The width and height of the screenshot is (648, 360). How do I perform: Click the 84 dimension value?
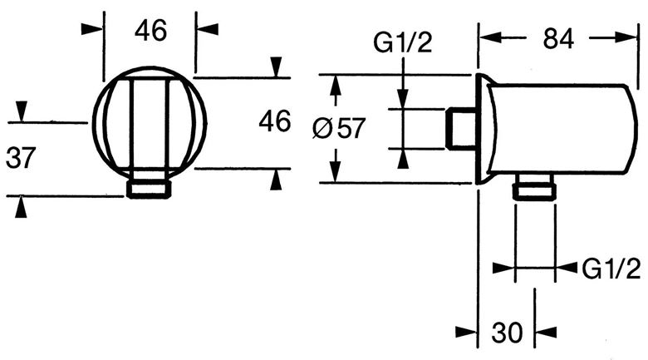(x=558, y=39)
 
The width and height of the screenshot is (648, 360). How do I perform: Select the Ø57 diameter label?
(x=339, y=128)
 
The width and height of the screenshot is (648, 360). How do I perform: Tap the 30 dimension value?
(x=507, y=332)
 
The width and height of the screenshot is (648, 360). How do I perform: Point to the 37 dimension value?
(x=21, y=158)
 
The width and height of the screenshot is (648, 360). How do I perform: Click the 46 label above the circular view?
(x=150, y=30)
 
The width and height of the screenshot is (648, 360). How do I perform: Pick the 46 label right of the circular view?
(x=275, y=121)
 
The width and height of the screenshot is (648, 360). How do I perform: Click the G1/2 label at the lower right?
(x=611, y=269)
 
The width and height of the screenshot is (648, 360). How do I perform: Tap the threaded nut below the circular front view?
(x=149, y=189)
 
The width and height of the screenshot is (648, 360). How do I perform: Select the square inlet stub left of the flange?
(x=461, y=128)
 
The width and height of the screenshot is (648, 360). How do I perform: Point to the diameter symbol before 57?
(x=322, y=128)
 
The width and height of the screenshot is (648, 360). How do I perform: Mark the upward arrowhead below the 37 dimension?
(x=21, y=207)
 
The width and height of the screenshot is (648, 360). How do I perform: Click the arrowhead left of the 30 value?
(x=466, y=332)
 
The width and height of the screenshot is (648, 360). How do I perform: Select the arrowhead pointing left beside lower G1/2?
(x=567, y=268)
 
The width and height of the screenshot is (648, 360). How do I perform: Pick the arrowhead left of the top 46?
(x=91, y=29)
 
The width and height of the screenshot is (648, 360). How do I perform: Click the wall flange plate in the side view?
(x=484, y=129)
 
